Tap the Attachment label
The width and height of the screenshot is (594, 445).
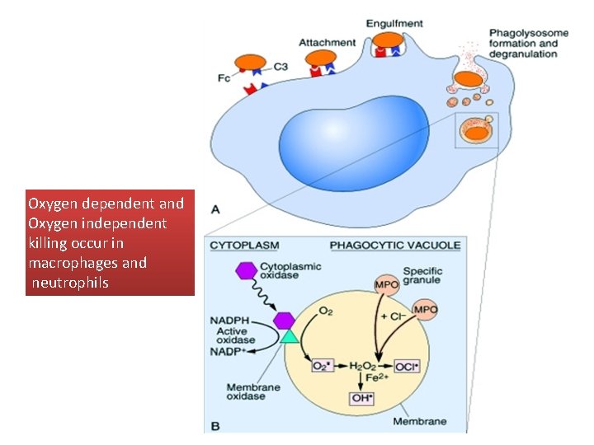click(327, 42)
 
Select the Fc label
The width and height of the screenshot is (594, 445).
click(224, 79)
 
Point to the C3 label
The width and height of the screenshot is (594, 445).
click(280, 66)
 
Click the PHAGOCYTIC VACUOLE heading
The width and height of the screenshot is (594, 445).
click(395, 245)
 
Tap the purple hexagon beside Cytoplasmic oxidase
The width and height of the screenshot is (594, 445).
click(246, 269)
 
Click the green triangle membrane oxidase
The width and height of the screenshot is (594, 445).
click(289, 335)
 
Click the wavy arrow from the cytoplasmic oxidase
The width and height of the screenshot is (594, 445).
click(266, 294)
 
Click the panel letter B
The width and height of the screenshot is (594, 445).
click(215, 426)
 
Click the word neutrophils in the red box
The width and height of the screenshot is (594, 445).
click(71, 283)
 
